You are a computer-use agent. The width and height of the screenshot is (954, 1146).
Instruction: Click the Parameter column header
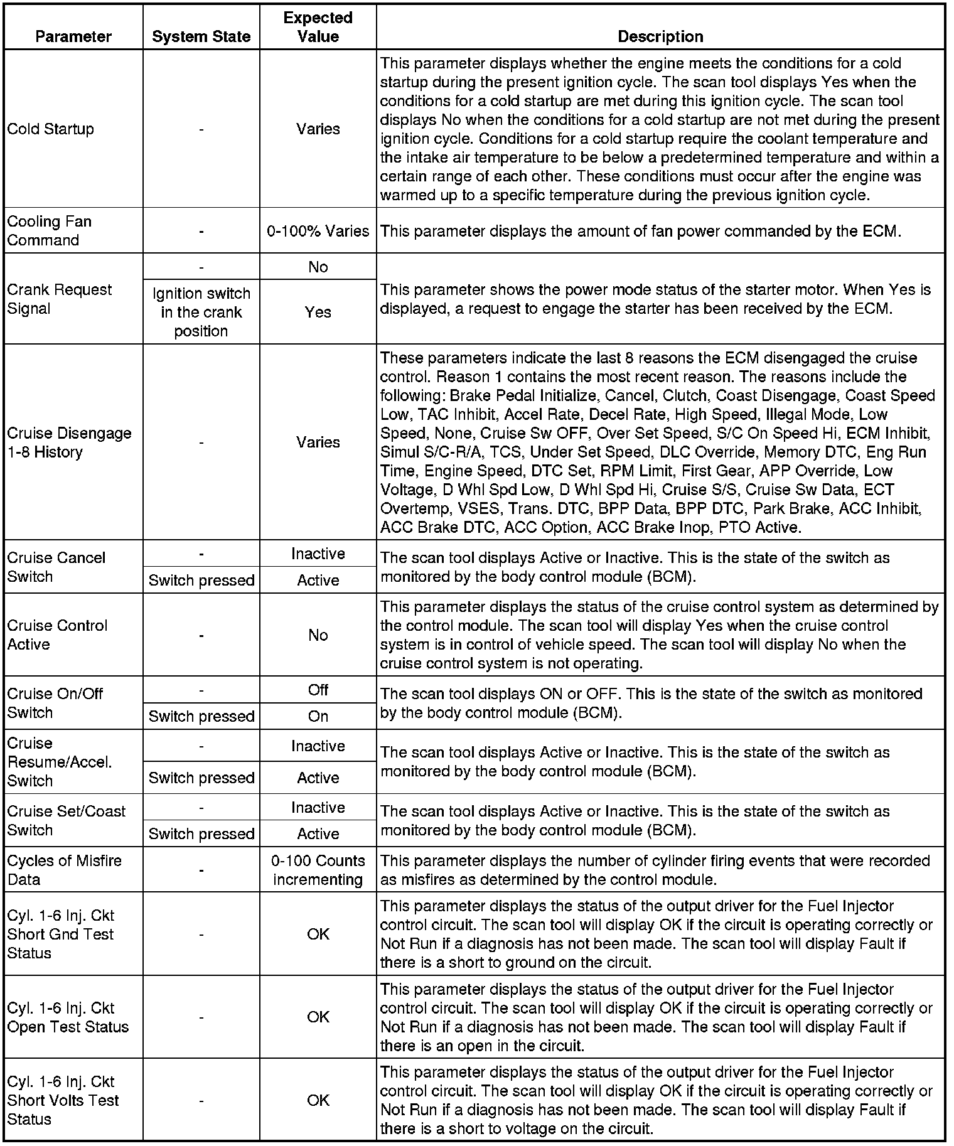pos(73,37)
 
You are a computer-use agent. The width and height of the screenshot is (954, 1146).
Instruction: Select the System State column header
pos(201,37)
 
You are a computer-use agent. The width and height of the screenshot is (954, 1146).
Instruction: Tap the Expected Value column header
pos(318,27)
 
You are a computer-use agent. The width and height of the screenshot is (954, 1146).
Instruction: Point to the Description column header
pos(660,37)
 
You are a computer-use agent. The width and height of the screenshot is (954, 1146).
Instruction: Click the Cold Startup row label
pos(51,129)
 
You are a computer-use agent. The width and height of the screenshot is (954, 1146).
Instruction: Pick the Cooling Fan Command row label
pos(49,231)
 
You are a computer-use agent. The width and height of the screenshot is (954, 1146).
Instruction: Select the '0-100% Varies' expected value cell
pos(318,231)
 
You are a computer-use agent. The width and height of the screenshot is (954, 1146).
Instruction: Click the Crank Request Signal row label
pos(59,299)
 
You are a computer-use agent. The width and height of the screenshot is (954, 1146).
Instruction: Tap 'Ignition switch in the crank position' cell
pos(201,312)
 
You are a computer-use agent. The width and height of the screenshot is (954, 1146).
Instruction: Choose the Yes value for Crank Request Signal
pos(318,312)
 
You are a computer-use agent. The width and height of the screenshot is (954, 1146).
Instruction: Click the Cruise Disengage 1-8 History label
pos(69,442)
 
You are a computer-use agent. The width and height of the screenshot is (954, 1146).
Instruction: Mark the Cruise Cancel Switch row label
pos(56,567)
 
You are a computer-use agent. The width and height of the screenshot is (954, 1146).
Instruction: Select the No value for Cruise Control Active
pos(318,635)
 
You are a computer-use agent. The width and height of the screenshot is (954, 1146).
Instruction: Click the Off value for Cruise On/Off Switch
pos(318,690)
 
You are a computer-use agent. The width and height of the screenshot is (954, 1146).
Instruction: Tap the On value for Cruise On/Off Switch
pos(318,716)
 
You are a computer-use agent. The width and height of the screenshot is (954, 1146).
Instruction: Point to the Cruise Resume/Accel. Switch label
pos(59,762)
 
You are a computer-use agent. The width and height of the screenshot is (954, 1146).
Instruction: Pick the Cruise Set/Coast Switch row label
pos(66,820)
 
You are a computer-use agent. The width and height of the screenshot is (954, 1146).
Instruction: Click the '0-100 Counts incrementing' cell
pos(318,870)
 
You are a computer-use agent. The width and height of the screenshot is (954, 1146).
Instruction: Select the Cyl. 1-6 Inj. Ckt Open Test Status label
pos(67,1017)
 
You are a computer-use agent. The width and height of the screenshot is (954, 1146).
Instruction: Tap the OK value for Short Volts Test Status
pos(318,1100)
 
